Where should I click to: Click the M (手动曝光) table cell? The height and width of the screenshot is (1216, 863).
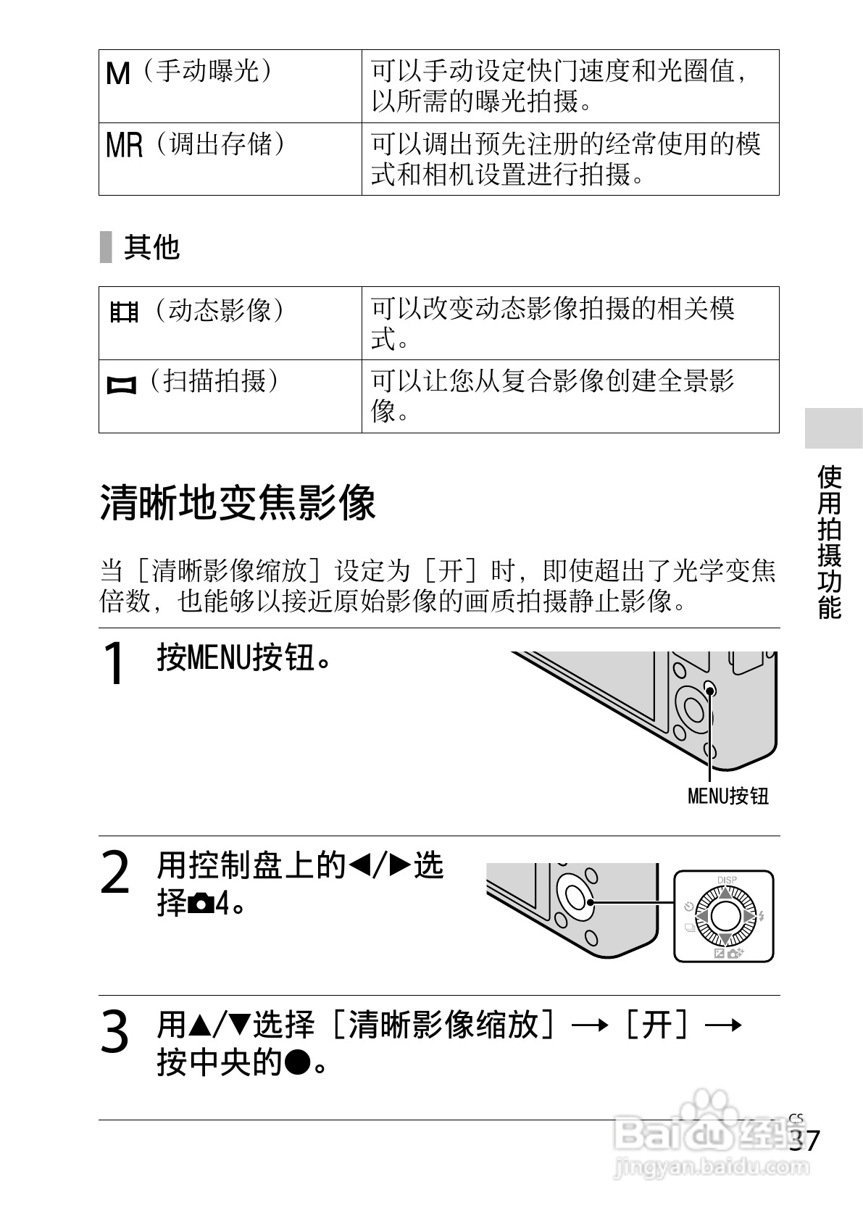(230, 86)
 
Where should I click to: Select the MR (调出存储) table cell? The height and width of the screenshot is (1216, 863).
(230, 158)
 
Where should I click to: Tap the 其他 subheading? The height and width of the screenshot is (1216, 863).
(151, 247)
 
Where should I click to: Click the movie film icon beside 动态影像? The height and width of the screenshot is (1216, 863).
(124, 312)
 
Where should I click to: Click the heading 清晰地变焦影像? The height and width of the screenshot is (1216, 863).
(238, 503)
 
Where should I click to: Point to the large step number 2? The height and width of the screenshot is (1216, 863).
(114, 873)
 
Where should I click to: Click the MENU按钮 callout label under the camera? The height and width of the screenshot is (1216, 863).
(727, 796)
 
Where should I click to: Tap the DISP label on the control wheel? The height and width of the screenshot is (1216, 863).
(726, 880)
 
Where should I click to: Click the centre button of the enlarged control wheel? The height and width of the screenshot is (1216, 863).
(725, 917)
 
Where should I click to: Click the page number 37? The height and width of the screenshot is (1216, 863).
(805, 1141)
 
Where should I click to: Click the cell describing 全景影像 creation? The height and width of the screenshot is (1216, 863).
(570, 396)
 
